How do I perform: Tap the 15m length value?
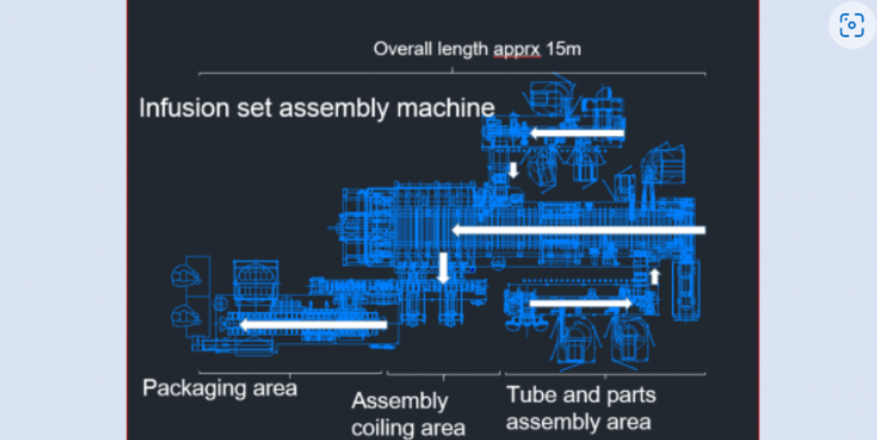click(x=563, y=49)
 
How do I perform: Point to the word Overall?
click(x=400, y=49)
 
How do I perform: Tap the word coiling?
click(x=389, y=426)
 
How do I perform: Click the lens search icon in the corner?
click(x=851, y=25)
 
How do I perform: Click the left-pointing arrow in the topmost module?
click(x=577, y=133)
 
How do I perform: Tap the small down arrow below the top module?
click(x=513, y=170)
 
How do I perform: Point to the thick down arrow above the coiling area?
click(x=443, y=268)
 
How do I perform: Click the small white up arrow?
click(x=655, y=276)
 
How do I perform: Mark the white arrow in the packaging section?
click(x=314, y=325)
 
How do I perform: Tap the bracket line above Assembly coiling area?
click(x=444, y=373)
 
